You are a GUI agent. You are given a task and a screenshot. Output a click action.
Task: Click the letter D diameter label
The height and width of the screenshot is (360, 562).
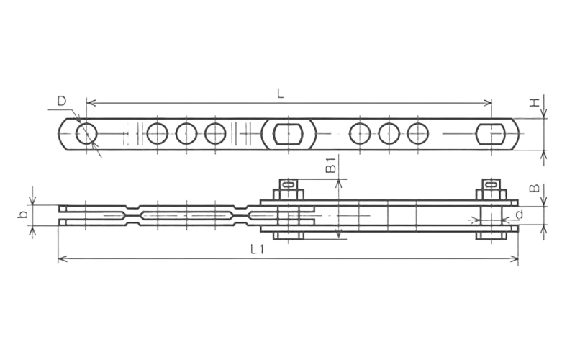tap(63, 101)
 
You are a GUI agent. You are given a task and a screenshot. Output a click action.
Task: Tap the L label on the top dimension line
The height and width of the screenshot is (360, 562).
tap(282, 92)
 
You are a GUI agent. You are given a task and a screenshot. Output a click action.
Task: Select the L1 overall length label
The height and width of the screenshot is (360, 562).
tap(257, 249)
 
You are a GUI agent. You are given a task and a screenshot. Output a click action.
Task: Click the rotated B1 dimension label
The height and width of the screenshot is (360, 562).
tap(330, 164)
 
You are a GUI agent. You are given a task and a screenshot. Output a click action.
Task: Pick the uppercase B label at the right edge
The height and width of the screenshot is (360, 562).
tap(534, 189)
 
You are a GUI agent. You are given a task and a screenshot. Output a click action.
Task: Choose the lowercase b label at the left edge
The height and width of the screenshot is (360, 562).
tap(24, 213)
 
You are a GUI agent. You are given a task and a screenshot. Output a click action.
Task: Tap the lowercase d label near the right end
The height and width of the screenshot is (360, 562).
tap(519, 215)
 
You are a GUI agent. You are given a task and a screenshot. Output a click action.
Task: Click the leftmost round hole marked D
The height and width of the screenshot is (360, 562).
tap(86, 134)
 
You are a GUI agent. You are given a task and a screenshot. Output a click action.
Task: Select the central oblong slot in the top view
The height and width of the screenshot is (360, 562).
tap(288, 134)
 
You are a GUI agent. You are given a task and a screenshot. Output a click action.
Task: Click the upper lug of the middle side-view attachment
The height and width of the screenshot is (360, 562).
tap(288, 189)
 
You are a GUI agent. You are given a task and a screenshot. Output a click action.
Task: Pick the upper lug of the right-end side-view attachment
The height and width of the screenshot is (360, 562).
tap(492, 189)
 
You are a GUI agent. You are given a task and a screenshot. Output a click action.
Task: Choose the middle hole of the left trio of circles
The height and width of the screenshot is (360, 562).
tap(186, 134)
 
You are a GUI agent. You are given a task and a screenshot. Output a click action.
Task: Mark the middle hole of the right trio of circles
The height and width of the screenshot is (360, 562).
tap(389, 134)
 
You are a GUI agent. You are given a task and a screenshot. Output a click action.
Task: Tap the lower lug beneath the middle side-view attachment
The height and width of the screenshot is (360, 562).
tap(288, 235)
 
